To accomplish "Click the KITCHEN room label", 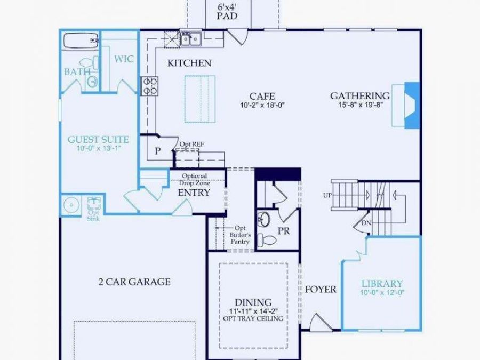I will (189, 63).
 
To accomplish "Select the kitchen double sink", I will (190, 38).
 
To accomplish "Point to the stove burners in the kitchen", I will (149, 86).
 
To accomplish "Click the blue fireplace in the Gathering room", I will (411, 105).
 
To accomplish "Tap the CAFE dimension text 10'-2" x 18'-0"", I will (262, 106).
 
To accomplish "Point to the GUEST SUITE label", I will (99, 140).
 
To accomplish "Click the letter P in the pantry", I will (157, 151).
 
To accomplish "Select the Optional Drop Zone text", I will (194, 180).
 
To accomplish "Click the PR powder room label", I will (284, 231).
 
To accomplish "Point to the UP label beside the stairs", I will (327, 195).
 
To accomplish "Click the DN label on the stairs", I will (366, 222).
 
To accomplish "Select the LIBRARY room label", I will (382, 284).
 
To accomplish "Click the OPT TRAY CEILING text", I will (253, 319).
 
